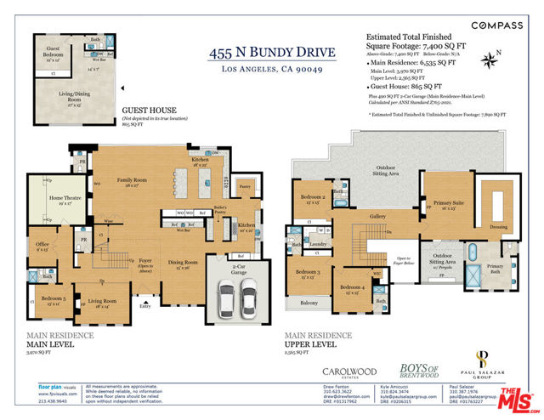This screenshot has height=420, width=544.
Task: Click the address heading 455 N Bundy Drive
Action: [x=272, y=53]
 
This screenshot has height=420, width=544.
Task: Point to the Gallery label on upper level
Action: [x=378, y=217]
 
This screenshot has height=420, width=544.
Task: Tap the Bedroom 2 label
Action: [x=312, y=198]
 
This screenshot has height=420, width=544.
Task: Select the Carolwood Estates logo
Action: [x=346, y=372]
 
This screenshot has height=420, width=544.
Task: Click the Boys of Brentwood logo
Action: [x=417, y=370]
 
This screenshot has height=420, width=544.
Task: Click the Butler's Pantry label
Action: [x=221, y=210]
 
